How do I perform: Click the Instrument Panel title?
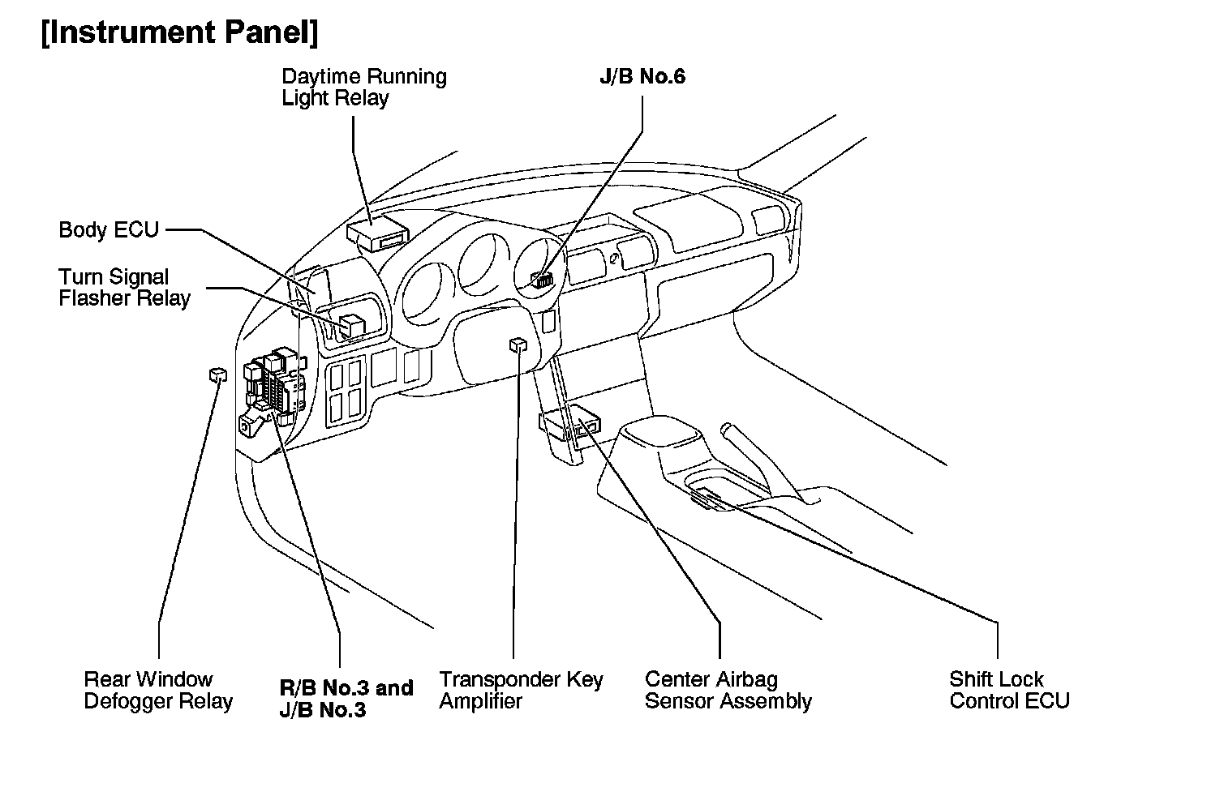click(x=179, y=33)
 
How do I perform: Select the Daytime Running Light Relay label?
click(x=363, y=88)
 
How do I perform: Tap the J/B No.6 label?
click(x=642, y=77)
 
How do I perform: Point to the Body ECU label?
click(x=109, y=229)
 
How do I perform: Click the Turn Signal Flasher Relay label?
click(x=124, y=288)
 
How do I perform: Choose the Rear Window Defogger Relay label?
click(x=158, y=691)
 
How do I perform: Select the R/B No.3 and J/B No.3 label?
click(x=346, y=699)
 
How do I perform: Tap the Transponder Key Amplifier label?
click(x=521, y=691)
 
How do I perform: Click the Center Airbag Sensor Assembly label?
click(x=728, y=691)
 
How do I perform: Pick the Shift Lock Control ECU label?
click(x=1009, y=691)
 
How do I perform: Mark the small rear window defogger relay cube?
click(x=217, y=374)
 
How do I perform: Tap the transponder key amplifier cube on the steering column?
click(x=518, y=345)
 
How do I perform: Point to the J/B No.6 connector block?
click(x=542, y=280)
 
